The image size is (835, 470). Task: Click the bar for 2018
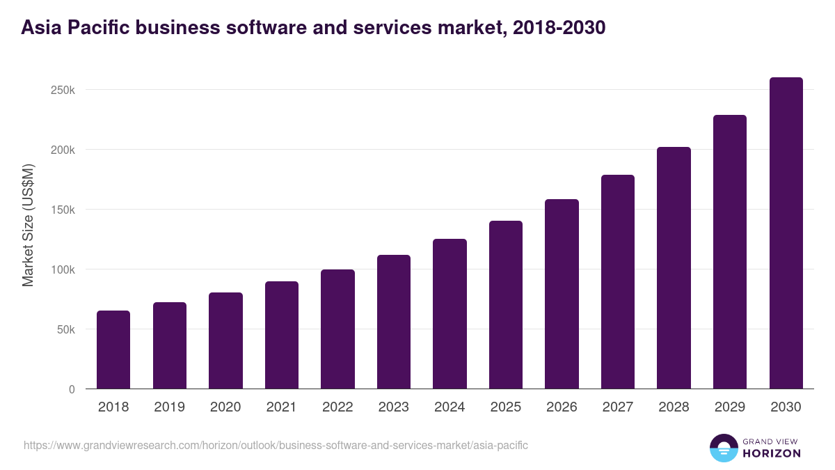click(113, 350)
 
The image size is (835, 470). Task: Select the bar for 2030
click(786, 233)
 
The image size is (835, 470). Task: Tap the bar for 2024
click(450, 314)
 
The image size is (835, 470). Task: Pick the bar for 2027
click(618, 282)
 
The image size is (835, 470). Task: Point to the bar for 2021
click(282, 335)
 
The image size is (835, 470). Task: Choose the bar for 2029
click(729, 252)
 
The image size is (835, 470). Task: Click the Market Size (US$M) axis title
click(28, 225)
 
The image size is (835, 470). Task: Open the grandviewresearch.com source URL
click(276, 445)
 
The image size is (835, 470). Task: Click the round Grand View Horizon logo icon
click(723, 448)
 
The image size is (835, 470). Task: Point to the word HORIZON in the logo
click(772, 453)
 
